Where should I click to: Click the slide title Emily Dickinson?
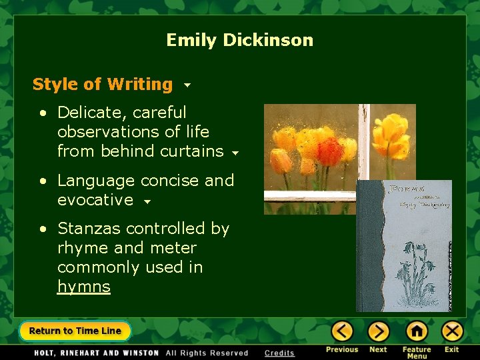(239, 40)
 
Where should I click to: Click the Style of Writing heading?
(103, 85)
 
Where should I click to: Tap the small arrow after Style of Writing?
(187, 85)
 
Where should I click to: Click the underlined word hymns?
(83, 287)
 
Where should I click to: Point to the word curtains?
(195, 151)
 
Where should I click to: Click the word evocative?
(95, 200)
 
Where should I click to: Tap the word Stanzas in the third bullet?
(89, 229)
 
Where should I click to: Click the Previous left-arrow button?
(342, 331)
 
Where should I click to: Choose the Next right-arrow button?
(378, 331)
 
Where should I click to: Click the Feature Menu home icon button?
(417, 331)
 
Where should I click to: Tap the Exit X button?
(452, 331)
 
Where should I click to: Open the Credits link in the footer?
(279, 353)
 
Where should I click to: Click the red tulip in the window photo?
(329, 151)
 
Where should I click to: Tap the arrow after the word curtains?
(235, 153)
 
